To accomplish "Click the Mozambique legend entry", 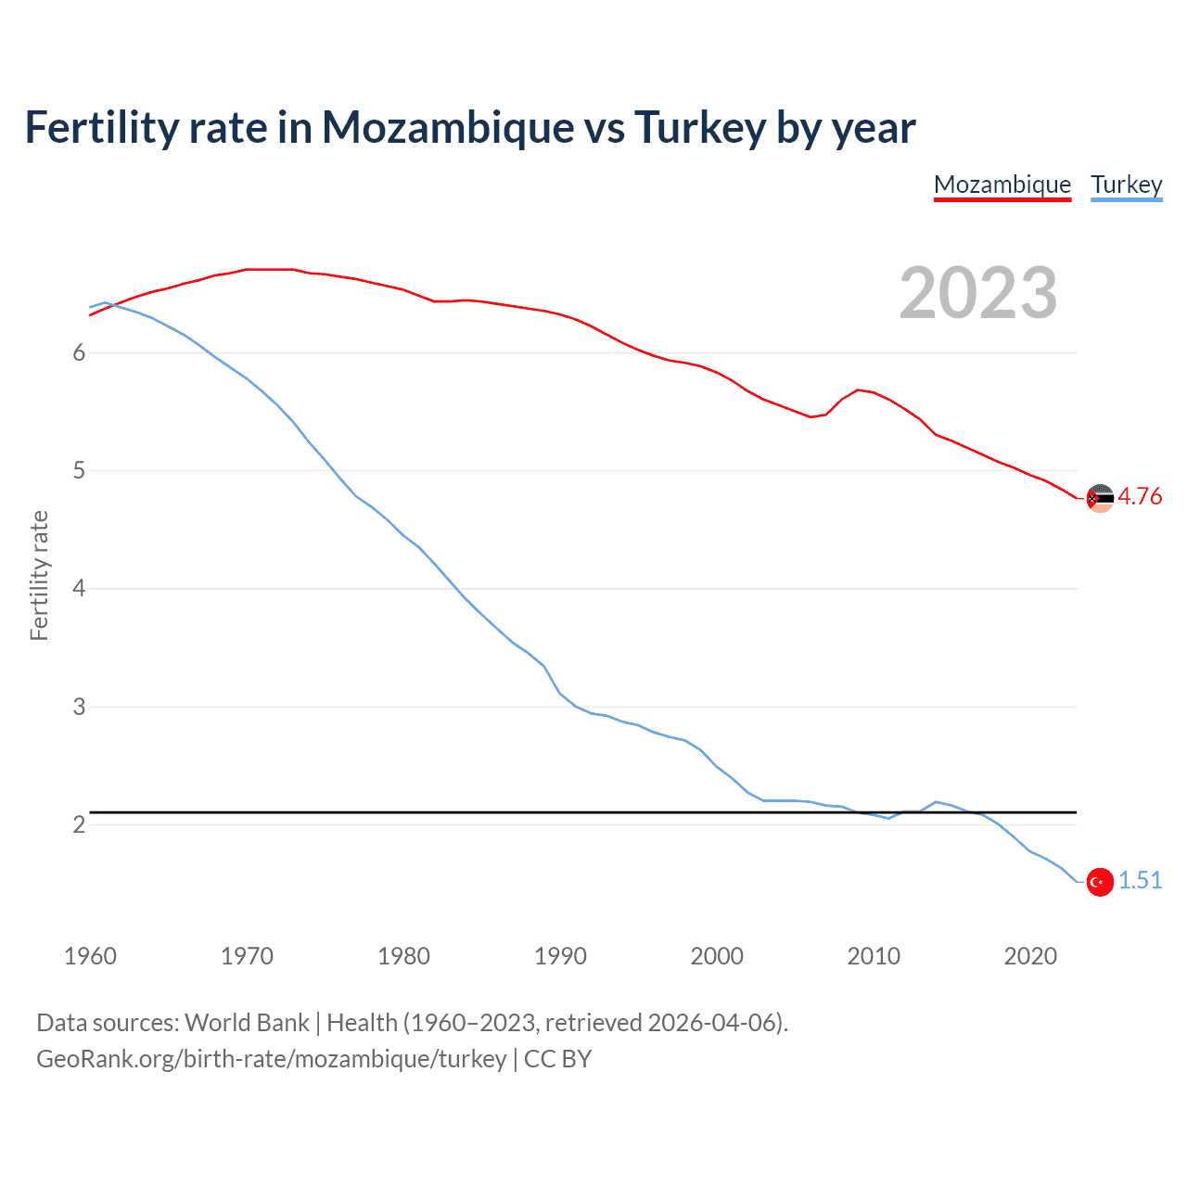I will pos(1002,185).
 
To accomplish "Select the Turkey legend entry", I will pos(1126,185).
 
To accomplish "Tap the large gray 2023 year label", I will pos(977,293).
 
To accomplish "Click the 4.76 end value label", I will pos(1140,496).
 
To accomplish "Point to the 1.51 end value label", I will pos(1140,880).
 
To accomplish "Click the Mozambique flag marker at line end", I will pos(1100,498).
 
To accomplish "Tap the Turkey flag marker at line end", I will pos(1100,882).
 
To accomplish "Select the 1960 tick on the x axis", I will pos(90,956).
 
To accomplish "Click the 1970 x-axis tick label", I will pos(247,956).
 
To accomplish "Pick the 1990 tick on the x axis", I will pos(560,956).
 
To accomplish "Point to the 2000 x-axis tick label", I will pos(717,956).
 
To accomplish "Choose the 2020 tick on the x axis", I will pos(1030,956).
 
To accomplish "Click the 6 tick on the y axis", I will pos(79,352).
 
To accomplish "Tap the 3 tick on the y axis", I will pos(79,707).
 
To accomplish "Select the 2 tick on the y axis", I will pos(79,824).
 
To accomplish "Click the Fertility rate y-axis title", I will pos(39,575).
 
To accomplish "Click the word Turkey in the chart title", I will pos(700,128).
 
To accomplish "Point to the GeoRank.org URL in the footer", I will pos(271,1059).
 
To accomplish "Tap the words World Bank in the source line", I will pos(247,1023).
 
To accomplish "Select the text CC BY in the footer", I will pos(557,1059).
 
